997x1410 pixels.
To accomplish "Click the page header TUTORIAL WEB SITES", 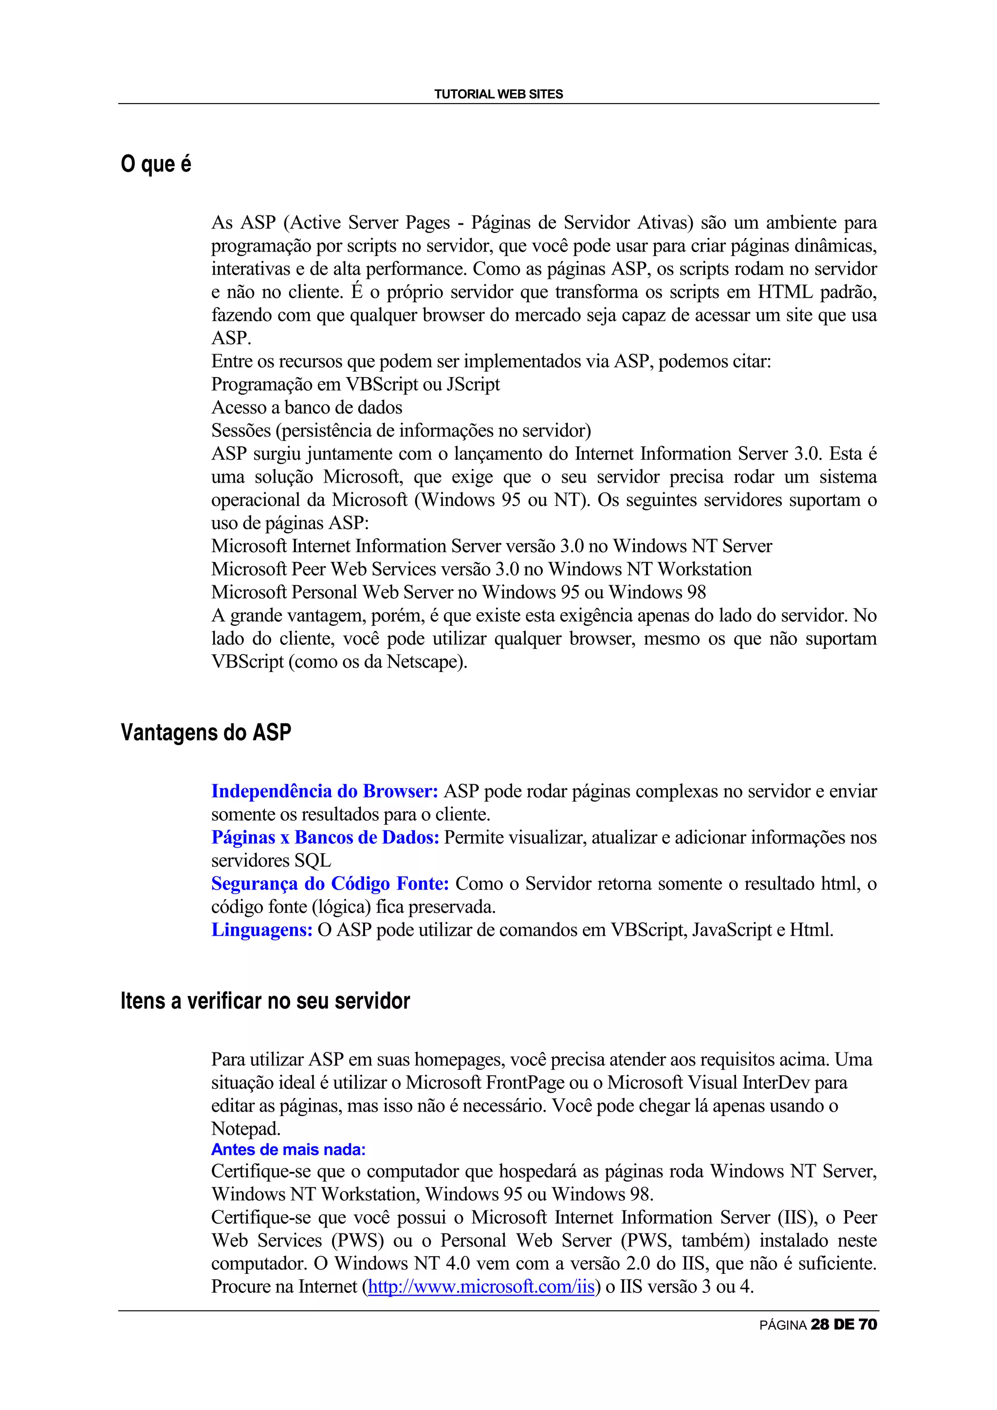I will pos(498,94).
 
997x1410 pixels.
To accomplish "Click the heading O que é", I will pos(156,164).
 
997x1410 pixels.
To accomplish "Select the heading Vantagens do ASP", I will pos(206,733).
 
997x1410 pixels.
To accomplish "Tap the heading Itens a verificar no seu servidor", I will pos(265,1001).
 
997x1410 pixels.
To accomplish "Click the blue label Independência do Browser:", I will pos(324,792).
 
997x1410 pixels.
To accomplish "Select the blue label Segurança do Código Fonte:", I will pos(330,884).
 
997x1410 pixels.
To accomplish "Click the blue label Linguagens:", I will pos(262,930).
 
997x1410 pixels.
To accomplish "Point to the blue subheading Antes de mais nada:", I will pos(288,1150).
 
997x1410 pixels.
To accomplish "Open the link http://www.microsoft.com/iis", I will pos(481,1286).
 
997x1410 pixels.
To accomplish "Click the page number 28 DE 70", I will pos(844,1325).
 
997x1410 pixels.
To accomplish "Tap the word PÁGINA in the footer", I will pos(783,1326).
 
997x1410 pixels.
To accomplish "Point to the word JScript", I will pos(473,384).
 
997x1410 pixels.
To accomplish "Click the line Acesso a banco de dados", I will pos(307,408).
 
